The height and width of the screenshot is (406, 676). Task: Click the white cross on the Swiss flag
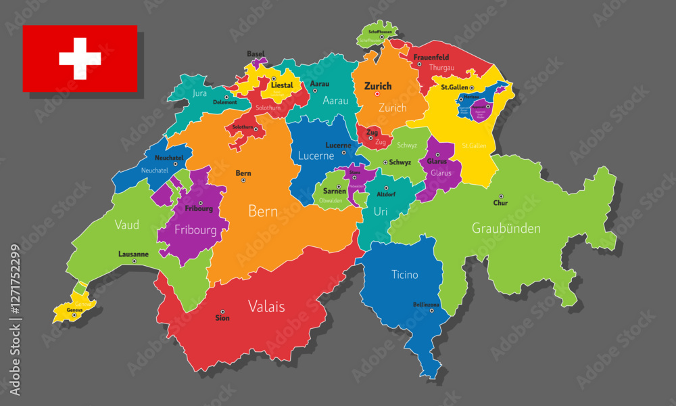(x=80, y=59)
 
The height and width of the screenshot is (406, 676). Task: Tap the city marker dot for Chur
(x=501, y=196)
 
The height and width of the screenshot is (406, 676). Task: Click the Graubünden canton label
(x=506, y=228)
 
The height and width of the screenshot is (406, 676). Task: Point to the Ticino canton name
(x=404, y=275)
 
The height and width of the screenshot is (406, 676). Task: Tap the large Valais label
(x=266, y=306)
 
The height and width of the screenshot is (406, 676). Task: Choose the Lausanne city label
(x=133, y=254)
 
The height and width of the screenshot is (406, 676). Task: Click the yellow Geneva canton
(x=73, y=311)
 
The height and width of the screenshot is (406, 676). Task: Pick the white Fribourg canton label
(x=195, y=230)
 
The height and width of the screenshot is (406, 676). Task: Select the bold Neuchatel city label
(x=168, y=158)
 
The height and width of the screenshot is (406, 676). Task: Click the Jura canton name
(x=199, y=93)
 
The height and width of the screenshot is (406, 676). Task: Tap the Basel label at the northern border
(x=256, y=53)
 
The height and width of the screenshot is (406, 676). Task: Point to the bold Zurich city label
(x=378, y=86)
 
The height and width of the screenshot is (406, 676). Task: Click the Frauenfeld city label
(x=431, y=58)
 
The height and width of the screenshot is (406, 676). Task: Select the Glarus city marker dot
(x=438, y=155)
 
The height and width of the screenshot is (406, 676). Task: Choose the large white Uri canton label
(x=381, y=212)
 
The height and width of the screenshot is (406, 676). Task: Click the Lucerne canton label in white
(x=316, y=156)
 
